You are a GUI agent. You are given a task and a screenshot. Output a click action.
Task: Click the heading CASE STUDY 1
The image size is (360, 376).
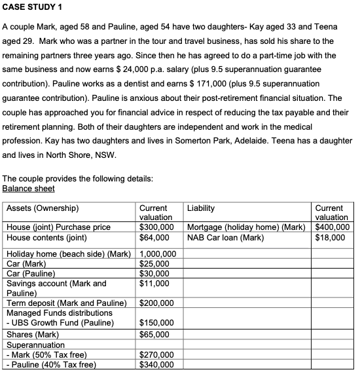[33, 7]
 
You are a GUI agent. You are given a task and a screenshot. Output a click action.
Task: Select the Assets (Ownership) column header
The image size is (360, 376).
[43, 208]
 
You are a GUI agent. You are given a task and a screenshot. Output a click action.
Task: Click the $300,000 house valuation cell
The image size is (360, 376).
[157, 227]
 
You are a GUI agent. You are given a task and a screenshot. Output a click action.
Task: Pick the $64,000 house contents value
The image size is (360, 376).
[155, 237]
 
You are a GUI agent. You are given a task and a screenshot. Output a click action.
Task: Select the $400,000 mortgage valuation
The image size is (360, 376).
[332, 227]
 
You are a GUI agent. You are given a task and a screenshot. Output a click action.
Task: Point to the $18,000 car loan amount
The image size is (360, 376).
[330, 237]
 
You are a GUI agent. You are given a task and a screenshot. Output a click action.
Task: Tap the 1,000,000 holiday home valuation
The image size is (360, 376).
[158, 254]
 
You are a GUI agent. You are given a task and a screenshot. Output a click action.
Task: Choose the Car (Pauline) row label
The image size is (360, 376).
[31, 274]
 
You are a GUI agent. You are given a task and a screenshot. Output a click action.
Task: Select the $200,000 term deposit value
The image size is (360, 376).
[157, 303]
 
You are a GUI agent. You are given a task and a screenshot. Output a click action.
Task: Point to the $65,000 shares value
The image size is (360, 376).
[155, 333]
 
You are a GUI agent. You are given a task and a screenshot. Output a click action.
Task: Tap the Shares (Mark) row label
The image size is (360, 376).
[31, 333]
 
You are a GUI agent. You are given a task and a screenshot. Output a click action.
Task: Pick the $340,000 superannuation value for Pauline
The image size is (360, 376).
[157, 364]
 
